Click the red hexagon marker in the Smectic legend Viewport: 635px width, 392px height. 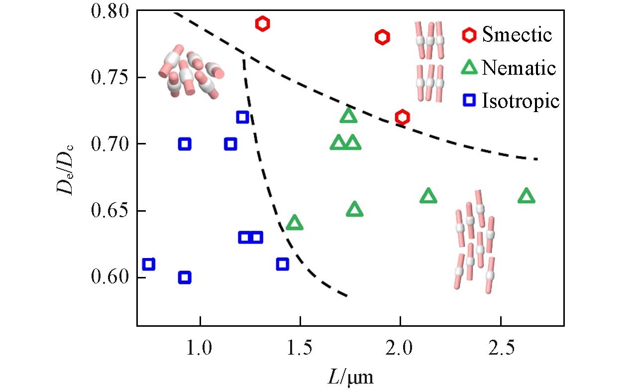pos(469,35)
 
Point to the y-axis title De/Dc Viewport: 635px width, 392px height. pos(68,168)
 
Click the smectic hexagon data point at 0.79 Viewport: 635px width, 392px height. pos(263,23)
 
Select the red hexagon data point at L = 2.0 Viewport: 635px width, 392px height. pos(402,117)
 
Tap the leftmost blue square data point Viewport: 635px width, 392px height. pos(148,264)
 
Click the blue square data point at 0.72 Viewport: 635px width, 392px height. pos(242,117)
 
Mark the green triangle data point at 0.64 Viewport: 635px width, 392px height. pos(295,223)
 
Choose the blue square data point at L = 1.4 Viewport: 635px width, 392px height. pos(282,264)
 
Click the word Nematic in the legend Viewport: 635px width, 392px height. pos(518,68)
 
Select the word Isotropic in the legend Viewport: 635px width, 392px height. pos(521,101)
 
